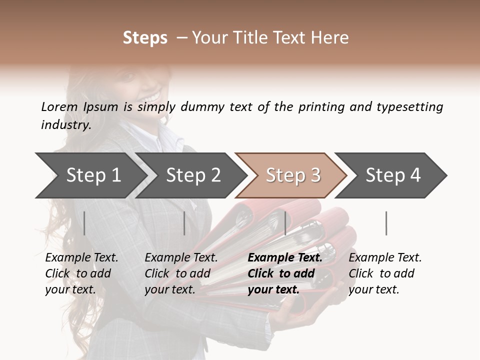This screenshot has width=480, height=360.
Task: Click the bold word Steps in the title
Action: (x=145, y=38)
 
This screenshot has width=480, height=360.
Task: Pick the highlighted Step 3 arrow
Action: (x=293, y=175)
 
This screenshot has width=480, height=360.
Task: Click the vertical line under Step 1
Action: (x=84, y=223)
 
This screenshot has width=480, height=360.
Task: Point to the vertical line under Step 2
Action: (x=184, y=223)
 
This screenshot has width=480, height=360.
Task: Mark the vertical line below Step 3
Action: (x=285, y=223)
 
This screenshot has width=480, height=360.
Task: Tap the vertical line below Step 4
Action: (x=386, y=223)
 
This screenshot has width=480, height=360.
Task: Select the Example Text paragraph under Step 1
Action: (x=81, y=273)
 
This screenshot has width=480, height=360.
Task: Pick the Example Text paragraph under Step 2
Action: (x=181, y=273)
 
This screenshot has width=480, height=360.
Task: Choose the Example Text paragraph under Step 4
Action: (x=385, y=273)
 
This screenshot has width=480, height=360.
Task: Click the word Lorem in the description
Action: (x=59, y=106)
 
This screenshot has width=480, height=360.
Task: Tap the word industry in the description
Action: (x=66, y=125)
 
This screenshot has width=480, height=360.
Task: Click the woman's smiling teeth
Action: (x=153, y=94)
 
